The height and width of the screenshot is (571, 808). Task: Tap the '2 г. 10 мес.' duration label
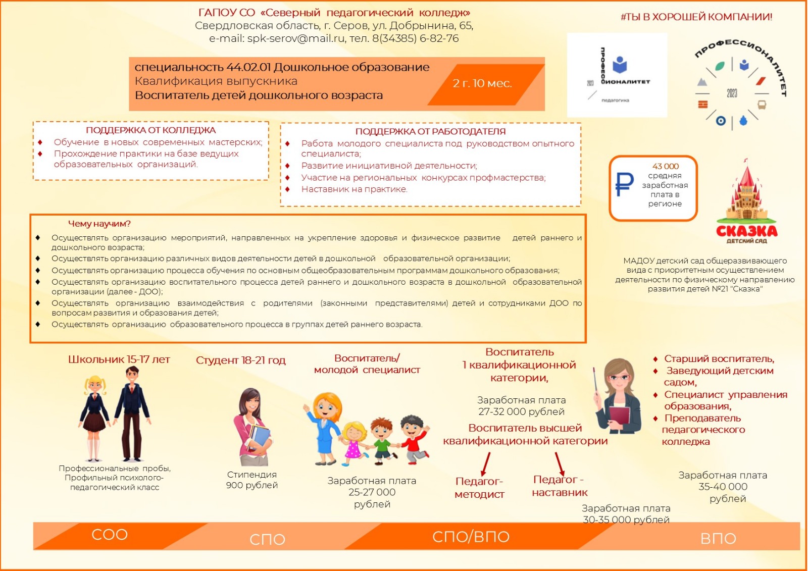482,83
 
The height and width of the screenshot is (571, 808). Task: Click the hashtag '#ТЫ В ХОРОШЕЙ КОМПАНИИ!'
696,17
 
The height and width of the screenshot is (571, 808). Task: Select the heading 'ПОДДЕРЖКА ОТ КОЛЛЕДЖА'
150,130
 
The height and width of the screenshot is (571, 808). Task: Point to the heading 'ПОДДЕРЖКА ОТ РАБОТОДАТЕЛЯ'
430,131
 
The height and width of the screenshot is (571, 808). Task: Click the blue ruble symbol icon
624,184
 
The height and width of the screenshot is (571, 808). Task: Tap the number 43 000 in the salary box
665,166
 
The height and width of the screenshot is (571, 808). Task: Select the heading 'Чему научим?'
99,224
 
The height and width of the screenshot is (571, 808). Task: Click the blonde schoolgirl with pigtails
94,417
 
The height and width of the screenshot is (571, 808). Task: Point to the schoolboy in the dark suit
132,411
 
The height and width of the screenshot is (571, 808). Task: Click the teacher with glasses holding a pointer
618,396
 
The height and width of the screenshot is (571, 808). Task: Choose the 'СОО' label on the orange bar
110,535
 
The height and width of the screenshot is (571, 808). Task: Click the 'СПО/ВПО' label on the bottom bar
471,537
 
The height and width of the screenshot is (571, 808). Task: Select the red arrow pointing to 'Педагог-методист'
486,463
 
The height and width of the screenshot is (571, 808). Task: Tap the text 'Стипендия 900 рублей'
251,480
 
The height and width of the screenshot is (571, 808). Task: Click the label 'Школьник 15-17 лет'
119,359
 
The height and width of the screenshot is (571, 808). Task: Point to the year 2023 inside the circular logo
732,93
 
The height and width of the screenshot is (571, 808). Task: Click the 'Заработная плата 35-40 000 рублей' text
722,487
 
